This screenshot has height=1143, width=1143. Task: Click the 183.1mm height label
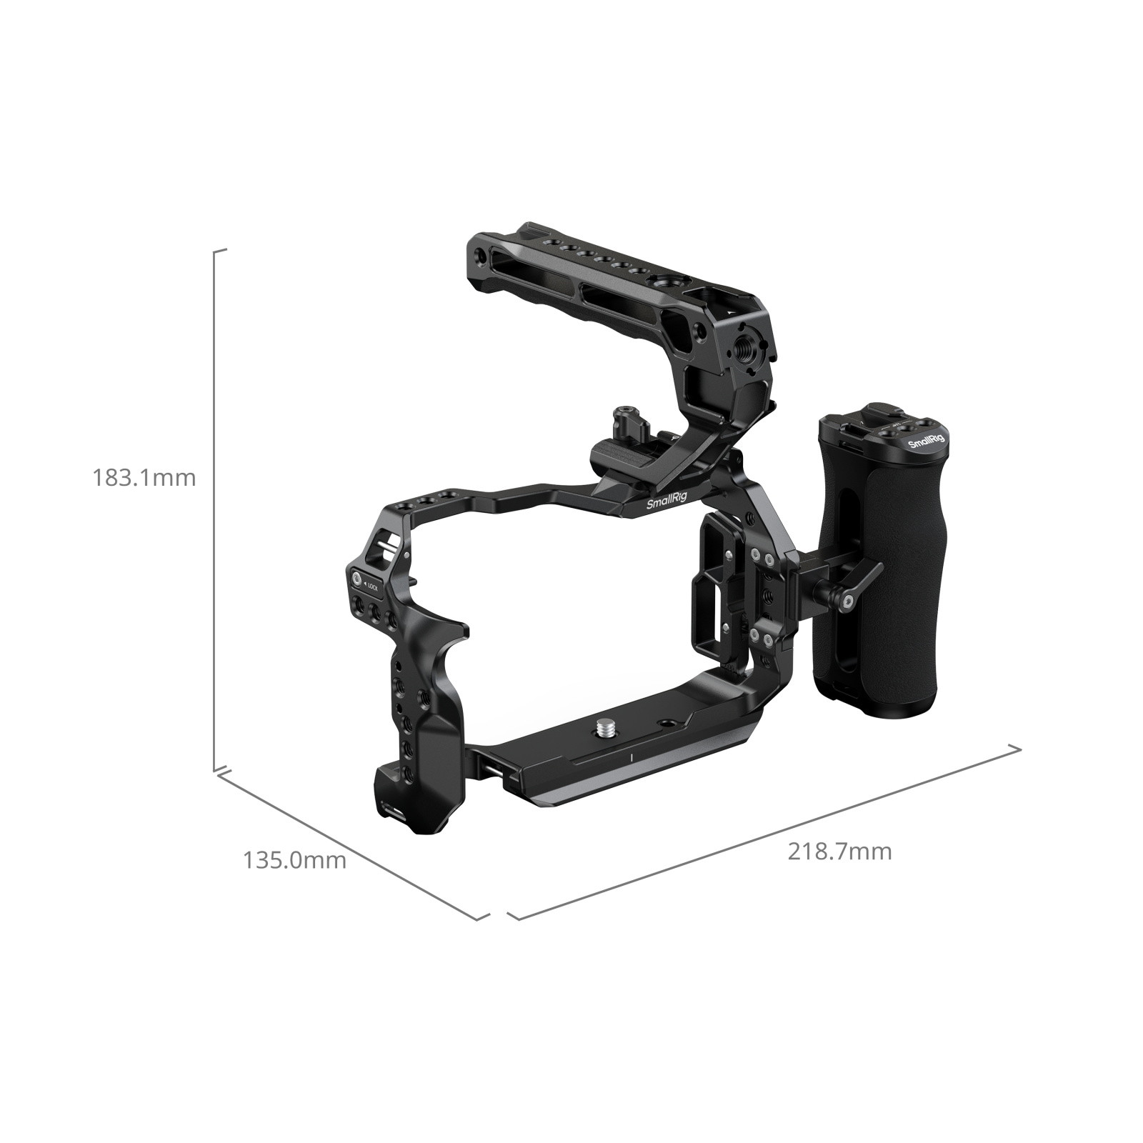tap(144, 477)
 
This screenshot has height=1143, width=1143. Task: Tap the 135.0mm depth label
tap(294, 860)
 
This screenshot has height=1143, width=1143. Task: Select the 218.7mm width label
tap(839, 852)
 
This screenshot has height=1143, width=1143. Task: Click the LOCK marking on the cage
tap(372, 586)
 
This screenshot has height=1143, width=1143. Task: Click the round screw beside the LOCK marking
tap(354, 578)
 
